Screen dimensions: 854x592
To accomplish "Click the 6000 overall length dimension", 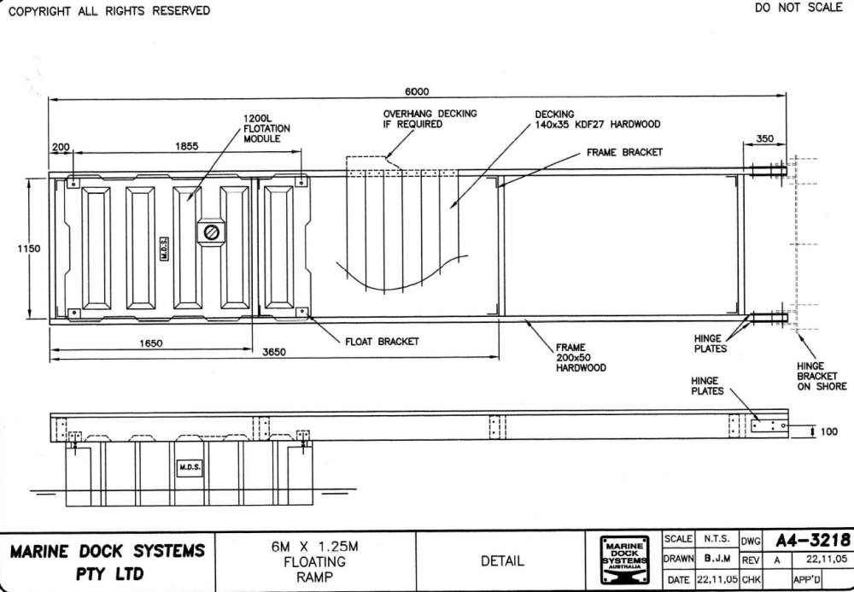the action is coord(417,91).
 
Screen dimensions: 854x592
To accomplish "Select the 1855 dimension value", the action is coord(187,146).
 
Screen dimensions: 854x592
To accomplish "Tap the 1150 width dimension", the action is coord(28,249).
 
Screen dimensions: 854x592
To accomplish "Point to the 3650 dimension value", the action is coord(274,352).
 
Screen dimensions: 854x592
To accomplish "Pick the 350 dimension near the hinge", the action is coord(764,138).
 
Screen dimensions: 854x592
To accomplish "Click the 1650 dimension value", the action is coord(151,343).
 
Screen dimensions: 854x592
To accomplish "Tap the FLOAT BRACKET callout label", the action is coord(383,342).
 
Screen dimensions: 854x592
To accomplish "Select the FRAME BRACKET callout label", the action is coord(625,153).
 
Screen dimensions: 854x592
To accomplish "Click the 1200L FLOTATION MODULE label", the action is coord(266,128).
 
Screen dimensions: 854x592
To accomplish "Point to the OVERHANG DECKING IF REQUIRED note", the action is coord(430,119).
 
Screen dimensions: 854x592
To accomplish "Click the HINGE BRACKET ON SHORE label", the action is coord(822,376).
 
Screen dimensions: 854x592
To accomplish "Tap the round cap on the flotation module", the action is coord(211,232).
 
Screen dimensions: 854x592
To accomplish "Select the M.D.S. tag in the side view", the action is coord(190,467).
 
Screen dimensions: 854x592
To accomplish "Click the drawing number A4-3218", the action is coord(813,540).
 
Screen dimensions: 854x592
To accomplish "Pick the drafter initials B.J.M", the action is coord(717,559).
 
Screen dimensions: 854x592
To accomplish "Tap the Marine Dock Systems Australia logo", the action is coord(625,560).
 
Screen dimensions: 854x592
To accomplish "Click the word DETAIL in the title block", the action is coord(502,560).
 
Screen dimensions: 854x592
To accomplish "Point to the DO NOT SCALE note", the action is coord(798,8).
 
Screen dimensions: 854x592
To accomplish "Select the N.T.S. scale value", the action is coord(717,539).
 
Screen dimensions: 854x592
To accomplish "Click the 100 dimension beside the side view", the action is coord(828,431).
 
